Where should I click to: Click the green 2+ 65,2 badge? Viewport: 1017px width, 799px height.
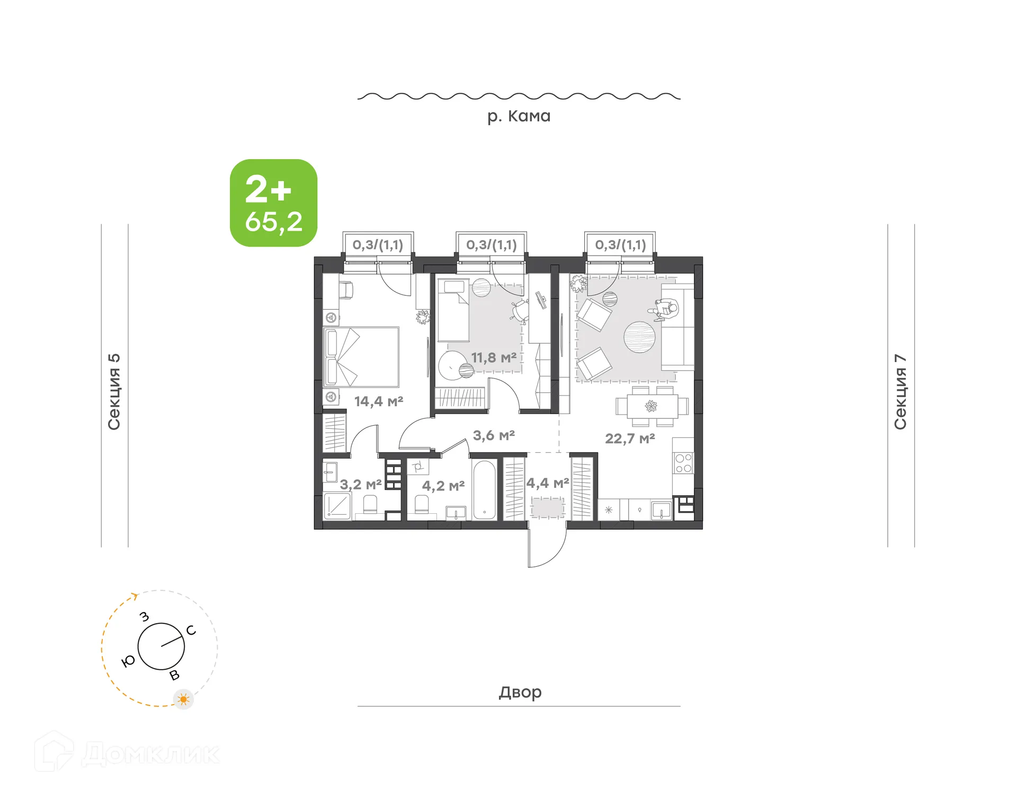tap(273, 203)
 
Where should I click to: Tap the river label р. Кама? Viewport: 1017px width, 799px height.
tap(519, 116)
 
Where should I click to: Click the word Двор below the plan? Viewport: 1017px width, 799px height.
tap(520, 692)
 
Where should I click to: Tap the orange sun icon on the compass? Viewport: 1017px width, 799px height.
tap(183, 699)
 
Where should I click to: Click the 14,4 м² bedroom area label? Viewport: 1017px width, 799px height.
tap(378, 401)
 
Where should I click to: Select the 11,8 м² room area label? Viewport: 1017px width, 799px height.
tap(494, 358)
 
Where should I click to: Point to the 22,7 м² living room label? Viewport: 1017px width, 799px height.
tap(630, 438)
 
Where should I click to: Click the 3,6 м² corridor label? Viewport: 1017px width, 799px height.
tap(493, 435)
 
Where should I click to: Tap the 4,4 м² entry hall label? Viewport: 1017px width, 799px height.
tap(547, 483)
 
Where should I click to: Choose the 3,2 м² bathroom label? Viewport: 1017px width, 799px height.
tap(360, 485)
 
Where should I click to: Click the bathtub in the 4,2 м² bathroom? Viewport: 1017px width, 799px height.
tap(484, 490)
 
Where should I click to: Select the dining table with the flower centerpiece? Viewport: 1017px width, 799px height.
tap(652, 407)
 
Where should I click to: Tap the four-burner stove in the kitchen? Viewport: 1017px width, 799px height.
tap(683, 463)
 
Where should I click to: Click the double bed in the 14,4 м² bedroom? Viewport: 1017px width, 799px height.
tap(361, 357)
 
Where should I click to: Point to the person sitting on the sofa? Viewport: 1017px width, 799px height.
tap(665, 309)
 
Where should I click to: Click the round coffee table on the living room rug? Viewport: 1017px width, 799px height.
tap(639, 337)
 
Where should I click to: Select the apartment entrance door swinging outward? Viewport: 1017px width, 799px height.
tap(547, 549)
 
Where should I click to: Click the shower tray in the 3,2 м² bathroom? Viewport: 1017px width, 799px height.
tap(337, 506)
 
